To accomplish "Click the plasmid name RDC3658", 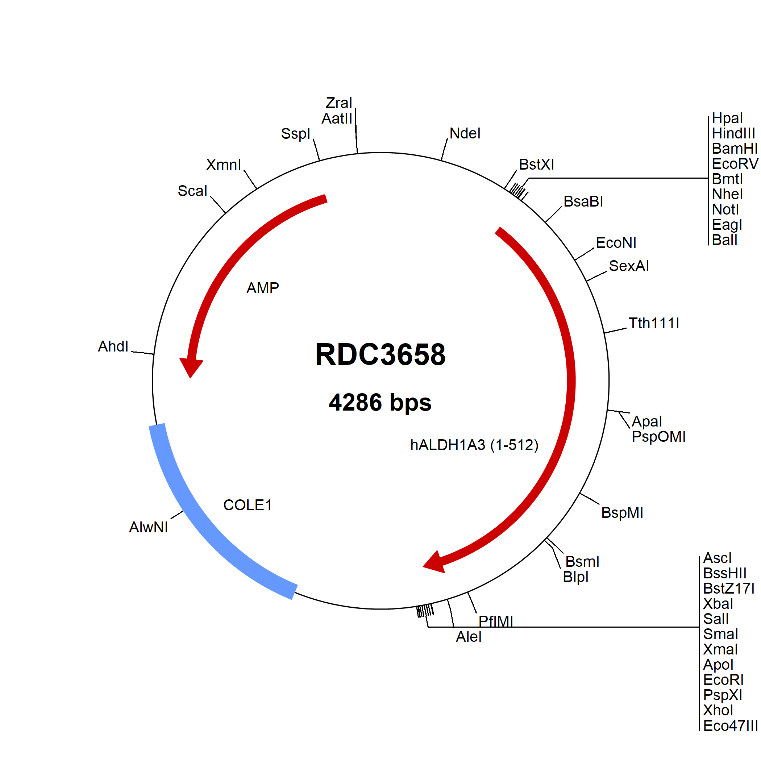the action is coord(380,354).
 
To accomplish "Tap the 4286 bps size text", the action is coord(380,403).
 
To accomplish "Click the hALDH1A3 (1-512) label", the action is coord(474,445).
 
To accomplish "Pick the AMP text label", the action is coord(263,288).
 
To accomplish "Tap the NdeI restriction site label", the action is coord(465,133).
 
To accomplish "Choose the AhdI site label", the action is coord(113,347).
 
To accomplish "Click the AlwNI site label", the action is coord(149,527).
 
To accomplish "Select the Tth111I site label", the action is coord(654,323).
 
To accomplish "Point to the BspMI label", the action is coord(622,513).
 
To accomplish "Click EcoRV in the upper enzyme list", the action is coord(735,164).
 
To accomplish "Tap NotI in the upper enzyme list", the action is coord(725,209).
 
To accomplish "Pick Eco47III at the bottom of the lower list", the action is coord(731,726).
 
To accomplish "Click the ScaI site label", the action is coord(192,191).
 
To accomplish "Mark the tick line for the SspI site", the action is coord(316,150).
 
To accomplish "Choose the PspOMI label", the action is coord(658,437).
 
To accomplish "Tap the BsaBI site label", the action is coord(583,202).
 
